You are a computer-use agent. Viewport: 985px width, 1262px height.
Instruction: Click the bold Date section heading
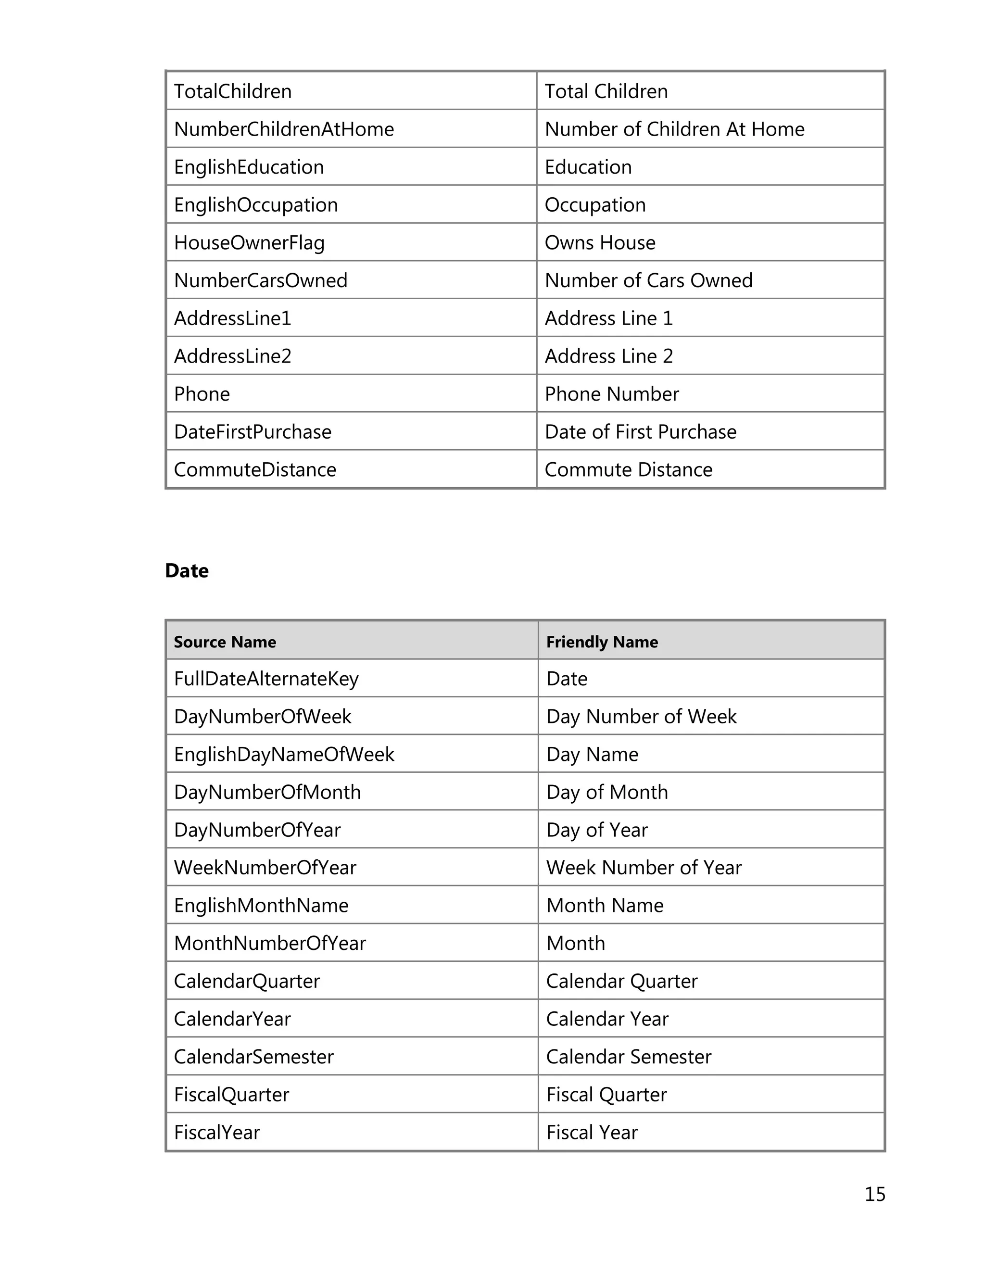point(187,570)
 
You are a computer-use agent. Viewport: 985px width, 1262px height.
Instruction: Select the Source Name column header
point(225,642)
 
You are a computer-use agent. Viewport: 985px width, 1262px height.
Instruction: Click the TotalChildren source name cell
point(233,91)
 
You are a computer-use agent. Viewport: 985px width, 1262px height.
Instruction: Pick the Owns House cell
point(600,243)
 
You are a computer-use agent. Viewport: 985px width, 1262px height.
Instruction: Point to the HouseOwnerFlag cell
point(249,243)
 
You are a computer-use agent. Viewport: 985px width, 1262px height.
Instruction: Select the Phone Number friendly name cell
point(611,394)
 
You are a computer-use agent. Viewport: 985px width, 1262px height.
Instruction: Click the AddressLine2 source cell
point(232,356)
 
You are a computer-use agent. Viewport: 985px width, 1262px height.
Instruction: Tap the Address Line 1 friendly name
point(608,318)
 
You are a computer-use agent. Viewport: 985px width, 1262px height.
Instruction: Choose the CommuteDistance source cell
point(255,470)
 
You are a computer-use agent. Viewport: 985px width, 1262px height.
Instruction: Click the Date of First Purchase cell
point(640,431)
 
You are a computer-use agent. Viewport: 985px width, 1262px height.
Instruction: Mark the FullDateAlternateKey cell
point(266,679)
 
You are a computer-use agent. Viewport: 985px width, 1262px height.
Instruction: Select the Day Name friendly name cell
point(592,754)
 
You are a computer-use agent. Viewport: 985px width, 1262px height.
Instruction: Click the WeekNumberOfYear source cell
point(265,867)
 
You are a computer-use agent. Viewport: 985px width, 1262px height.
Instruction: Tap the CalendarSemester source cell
point(253,1056)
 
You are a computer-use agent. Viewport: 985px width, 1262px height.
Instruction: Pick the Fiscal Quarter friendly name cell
point(606,1095)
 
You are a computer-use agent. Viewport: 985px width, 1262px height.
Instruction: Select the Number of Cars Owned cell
point(648,280)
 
